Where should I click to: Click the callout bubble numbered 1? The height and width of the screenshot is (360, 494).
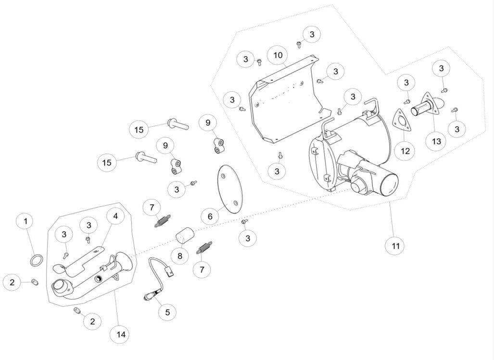coord(26,221)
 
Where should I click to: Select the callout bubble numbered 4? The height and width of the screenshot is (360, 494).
coord(115,216)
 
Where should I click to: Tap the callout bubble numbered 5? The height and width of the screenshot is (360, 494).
coord(167,312)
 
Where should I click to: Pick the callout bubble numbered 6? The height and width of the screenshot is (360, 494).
coord(210,216)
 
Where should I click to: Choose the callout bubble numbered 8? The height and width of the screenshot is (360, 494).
coord(180,256)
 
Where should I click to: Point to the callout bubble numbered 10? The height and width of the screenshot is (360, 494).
coord(278,55)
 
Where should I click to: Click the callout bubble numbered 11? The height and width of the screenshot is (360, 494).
coord(395,246)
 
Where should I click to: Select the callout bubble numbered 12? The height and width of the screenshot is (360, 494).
coord(405,151)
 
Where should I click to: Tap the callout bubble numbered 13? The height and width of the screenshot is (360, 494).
coord(436,141)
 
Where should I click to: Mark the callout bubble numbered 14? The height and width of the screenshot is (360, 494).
coord(121,335)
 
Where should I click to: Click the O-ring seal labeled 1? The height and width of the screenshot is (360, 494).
coord(36,260)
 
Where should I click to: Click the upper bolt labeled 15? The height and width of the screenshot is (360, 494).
coord(178,124)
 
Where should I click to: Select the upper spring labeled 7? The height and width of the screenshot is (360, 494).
coord(163,220)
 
